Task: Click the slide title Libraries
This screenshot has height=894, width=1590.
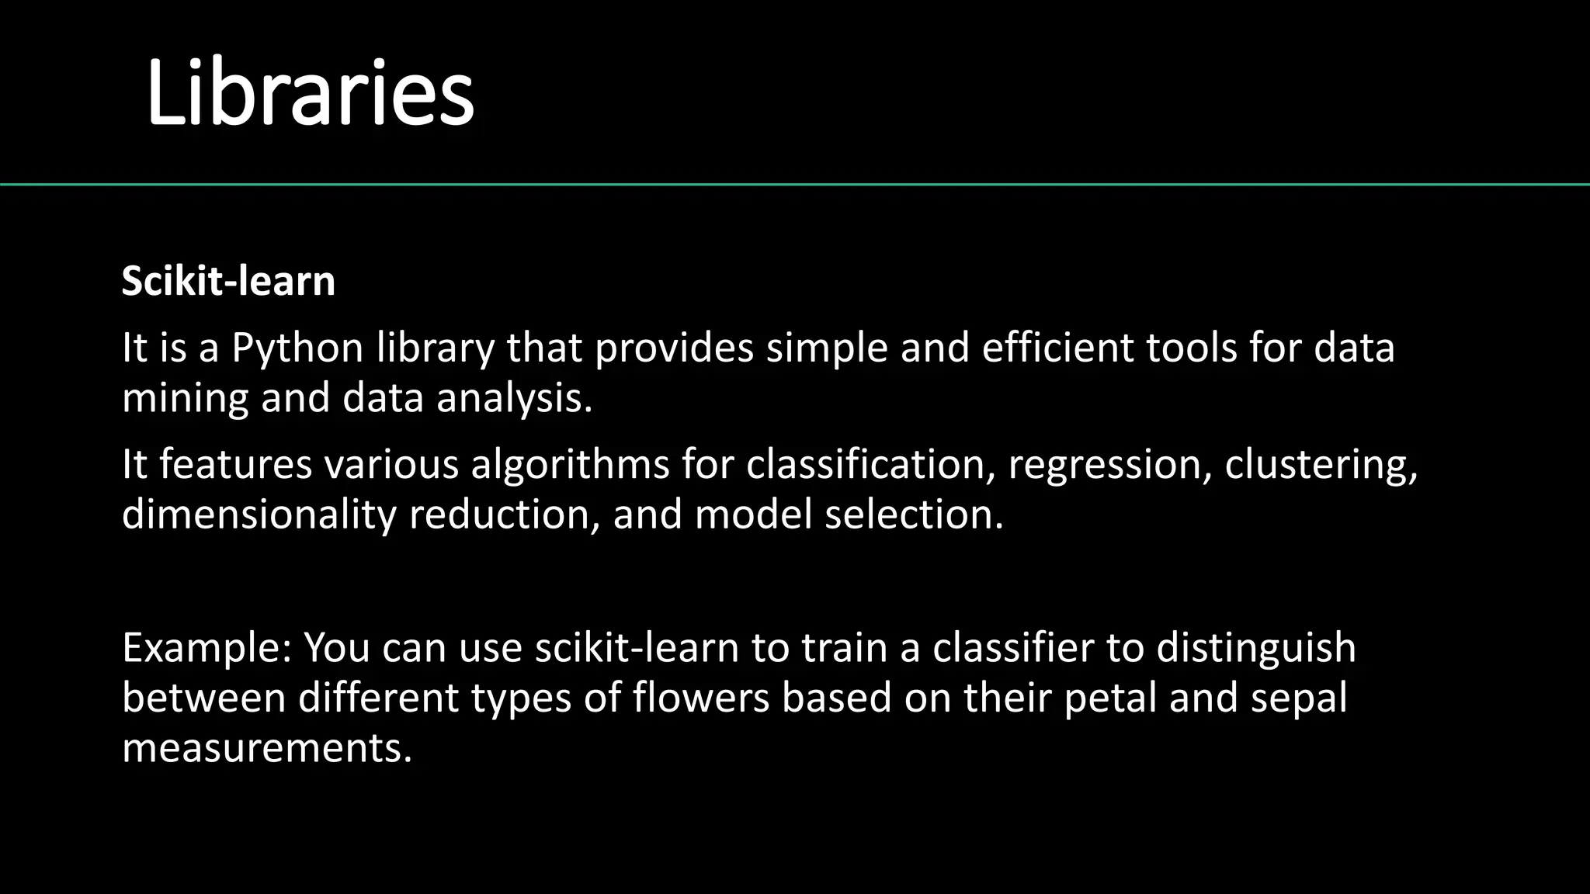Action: (x=310, y=94)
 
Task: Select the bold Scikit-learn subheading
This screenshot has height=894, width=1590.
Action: (x=228, y=281)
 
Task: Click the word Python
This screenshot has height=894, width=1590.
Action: (x=297, y=348)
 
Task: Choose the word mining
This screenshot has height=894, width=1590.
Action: (x=185, y=399)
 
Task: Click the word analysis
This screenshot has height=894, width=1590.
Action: (x=514, y=399)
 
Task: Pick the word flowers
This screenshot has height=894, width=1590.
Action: (x=700, y=698)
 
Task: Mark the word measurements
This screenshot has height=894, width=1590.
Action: (x=266, y=749)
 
